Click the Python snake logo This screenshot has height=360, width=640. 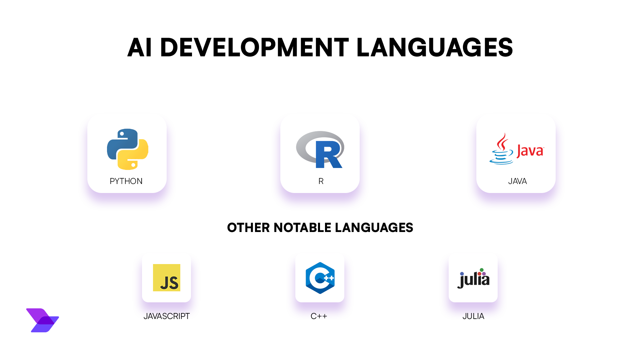pos(128,149)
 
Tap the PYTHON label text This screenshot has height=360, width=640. pos(126,181)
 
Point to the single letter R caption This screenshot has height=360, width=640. pos(321,181)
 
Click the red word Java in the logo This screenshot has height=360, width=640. pos(530,151)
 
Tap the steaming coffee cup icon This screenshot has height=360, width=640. pos(501,150)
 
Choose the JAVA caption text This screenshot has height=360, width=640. pos(517,181)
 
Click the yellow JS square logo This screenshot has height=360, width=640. pos(166,278)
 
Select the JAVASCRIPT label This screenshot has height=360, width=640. pos(166,316)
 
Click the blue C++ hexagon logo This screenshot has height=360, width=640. pos(320,278)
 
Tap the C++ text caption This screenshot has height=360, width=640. pos(319,316)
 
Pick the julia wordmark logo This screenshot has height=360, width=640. pos(473,279)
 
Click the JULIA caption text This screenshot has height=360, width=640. pos(473,316)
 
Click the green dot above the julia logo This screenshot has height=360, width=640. pos(481,270)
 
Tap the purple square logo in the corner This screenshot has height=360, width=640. pos(42,320)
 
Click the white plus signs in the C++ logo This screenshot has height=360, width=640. pos(329,278)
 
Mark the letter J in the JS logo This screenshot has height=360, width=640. pos(164,283)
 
